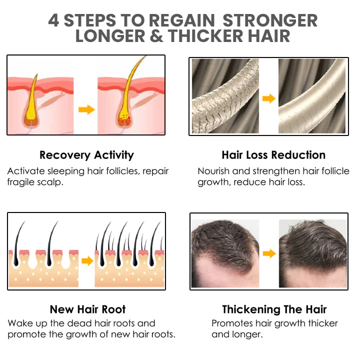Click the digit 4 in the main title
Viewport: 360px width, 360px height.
pyautogui.click(x=53, y=20)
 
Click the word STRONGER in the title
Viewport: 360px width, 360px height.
pyautogui.click(x=270, y=20)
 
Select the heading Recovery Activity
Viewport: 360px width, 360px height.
pyautogui.click(x=86, y=155)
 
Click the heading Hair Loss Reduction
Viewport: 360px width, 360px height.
pyautogui.click(x=273, y=155)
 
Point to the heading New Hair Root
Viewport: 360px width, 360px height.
pyautogui.click(x=87, y=309)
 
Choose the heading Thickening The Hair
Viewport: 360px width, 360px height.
pyautogui.click(x=274, y=309)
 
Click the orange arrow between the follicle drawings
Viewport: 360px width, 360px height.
pyautogui.click(x=86, y=109)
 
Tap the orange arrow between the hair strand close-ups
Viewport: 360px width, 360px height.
pyautogui.click(x=269, y=98)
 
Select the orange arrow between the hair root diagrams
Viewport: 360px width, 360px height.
pyautogui.click(x=87, y=261)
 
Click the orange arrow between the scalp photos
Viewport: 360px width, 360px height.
pyautogui.click(x=269, y=253)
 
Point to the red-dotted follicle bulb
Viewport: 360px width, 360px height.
pyautogui.click(x=124, y=119)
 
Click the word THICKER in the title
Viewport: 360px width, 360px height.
pyautogui.click(x=205, y=36)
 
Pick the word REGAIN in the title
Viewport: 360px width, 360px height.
pyautogui.click(x=182, y=20)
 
